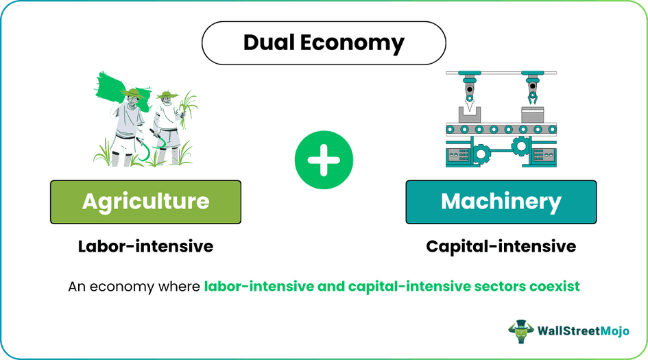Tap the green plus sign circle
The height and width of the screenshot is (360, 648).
tap(324, 160)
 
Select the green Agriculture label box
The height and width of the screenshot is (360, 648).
tap(145, 202)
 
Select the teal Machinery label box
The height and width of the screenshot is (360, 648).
tap(501, 202)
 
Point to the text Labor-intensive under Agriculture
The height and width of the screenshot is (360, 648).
tap(145, 246)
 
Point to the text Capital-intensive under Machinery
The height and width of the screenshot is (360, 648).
tap(501, 246)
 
